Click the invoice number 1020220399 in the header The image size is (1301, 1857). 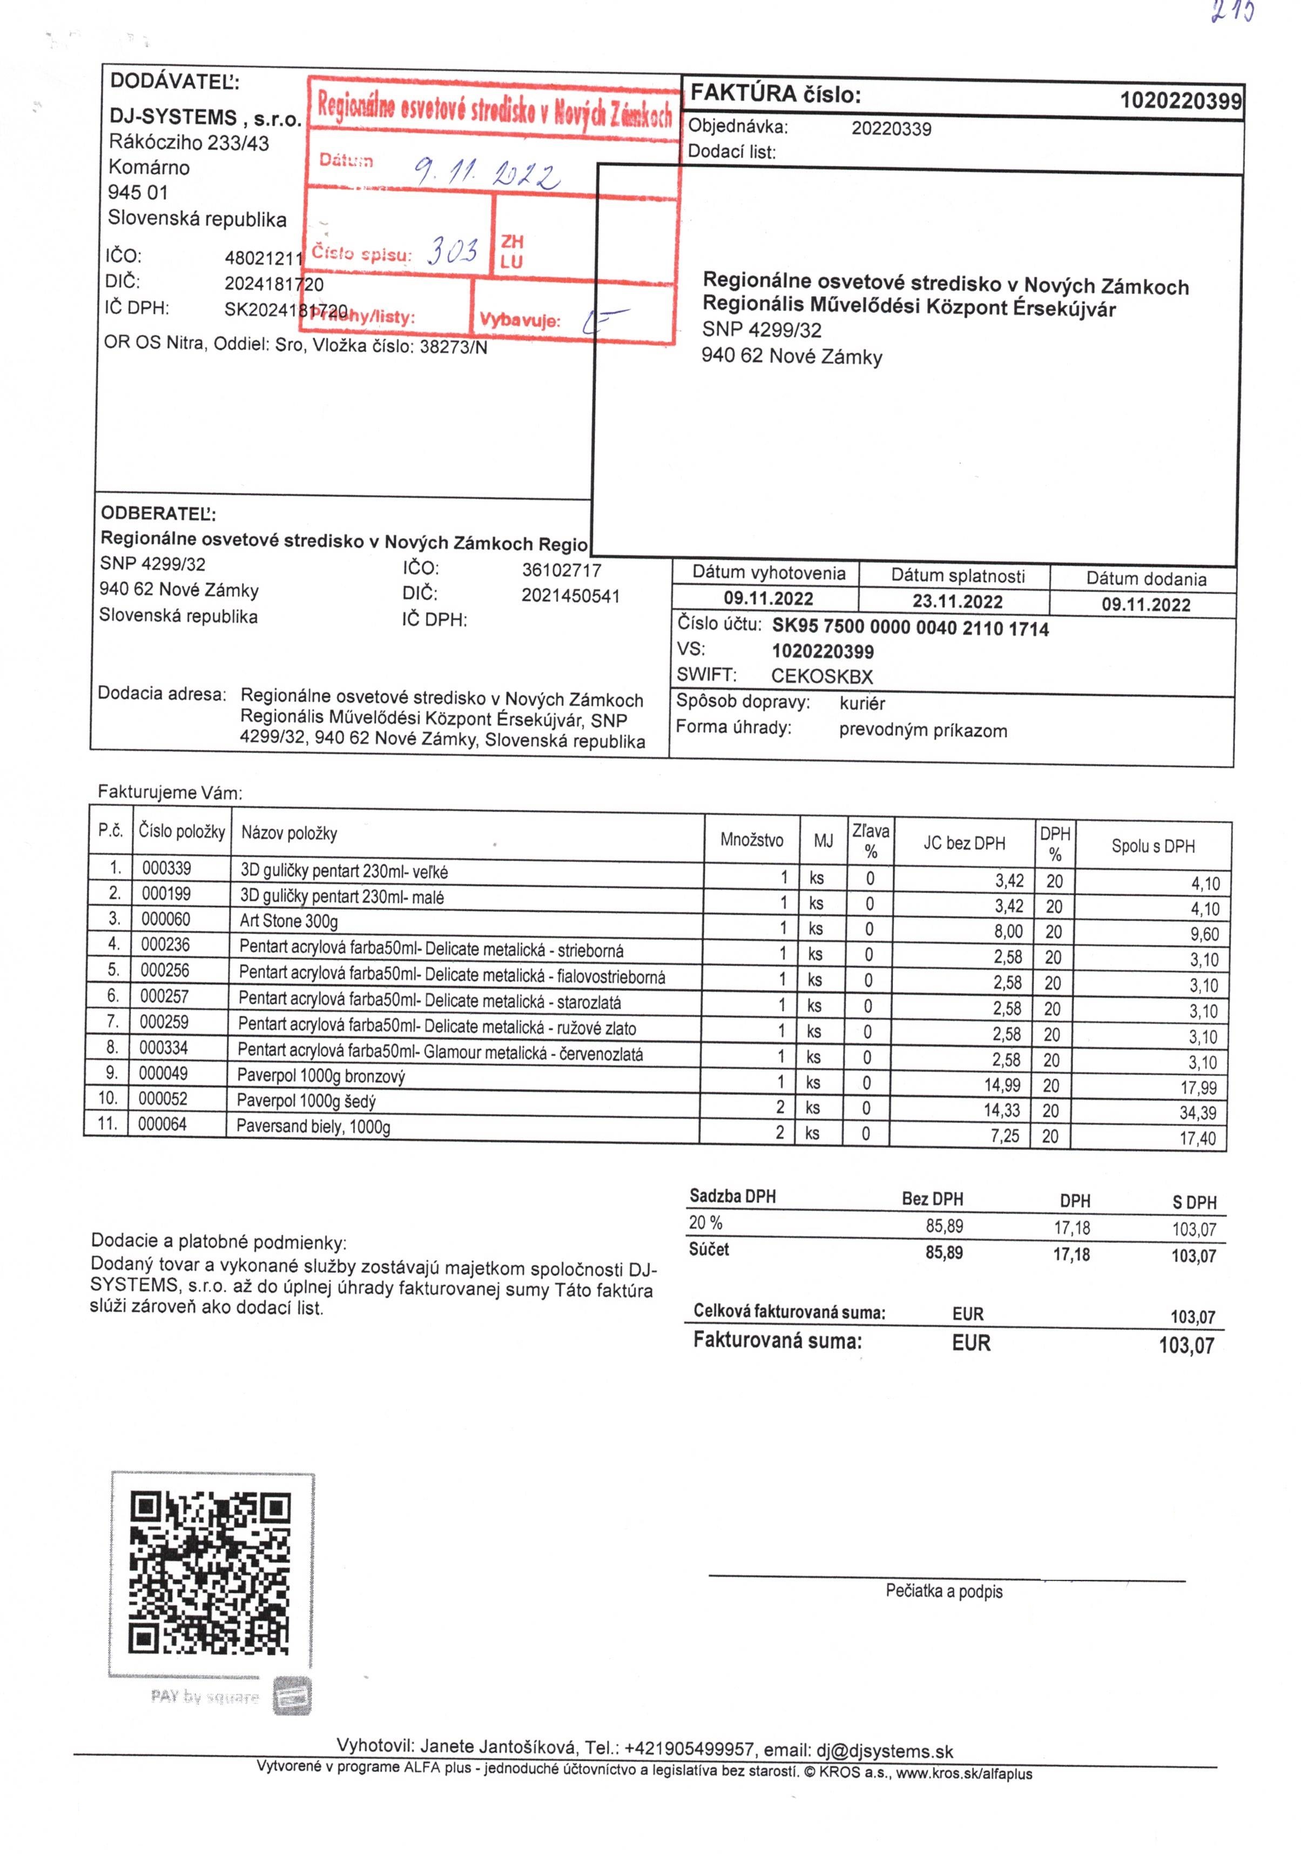coord(1179,100)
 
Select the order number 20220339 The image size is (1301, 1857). coord(891,129)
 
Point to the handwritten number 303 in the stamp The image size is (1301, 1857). coord(452,251)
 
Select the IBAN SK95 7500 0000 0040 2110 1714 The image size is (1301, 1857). coord(909,628)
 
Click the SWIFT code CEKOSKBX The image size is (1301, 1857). coord(821,676)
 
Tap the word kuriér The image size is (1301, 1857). coord(862,703)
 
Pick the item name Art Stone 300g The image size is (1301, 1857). coord(289,921)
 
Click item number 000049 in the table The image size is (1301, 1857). coord(163,1073)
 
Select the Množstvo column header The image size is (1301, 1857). coord(751,840)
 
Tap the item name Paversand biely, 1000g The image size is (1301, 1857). coord(314,1126)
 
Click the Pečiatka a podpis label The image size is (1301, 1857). coord(943,1592)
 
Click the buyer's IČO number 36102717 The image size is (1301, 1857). coord(561,570)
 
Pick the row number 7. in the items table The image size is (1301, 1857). coord(112,1022)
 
